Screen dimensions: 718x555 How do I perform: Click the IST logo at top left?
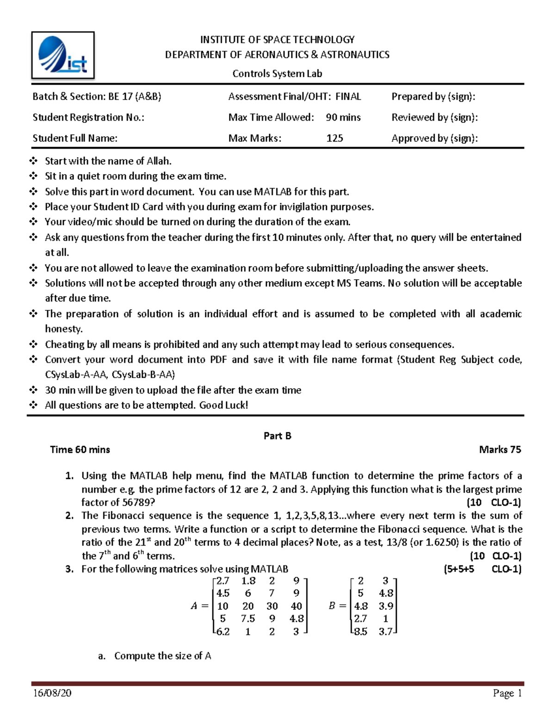click(63, 55)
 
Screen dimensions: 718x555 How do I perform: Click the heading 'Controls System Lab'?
click(277, 74)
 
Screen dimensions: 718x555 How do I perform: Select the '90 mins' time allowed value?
click(343, 117)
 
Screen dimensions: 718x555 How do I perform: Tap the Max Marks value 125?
click(334, 138)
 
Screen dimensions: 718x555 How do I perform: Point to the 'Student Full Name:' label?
click(75, 138)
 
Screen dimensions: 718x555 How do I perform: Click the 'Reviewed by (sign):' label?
click(434, 117)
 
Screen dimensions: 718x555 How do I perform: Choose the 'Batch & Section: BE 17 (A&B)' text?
click(97, 97)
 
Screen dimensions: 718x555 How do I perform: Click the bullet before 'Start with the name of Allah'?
click(33, 161)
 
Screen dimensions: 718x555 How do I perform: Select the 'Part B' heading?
click(277, 436)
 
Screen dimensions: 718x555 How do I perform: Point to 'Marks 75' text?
click(500, 449)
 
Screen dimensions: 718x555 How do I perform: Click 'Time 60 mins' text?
click(80, 449)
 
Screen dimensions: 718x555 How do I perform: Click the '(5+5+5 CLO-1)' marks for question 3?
click(482, 569)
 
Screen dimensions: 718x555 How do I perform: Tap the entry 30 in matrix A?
click(272, 606)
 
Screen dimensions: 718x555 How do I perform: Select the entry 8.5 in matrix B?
click(360, 632)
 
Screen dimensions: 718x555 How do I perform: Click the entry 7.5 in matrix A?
click(248, 619)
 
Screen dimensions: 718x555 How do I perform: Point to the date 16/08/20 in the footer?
click(52, 693)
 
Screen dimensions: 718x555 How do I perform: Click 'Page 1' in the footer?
click(507, 693)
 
